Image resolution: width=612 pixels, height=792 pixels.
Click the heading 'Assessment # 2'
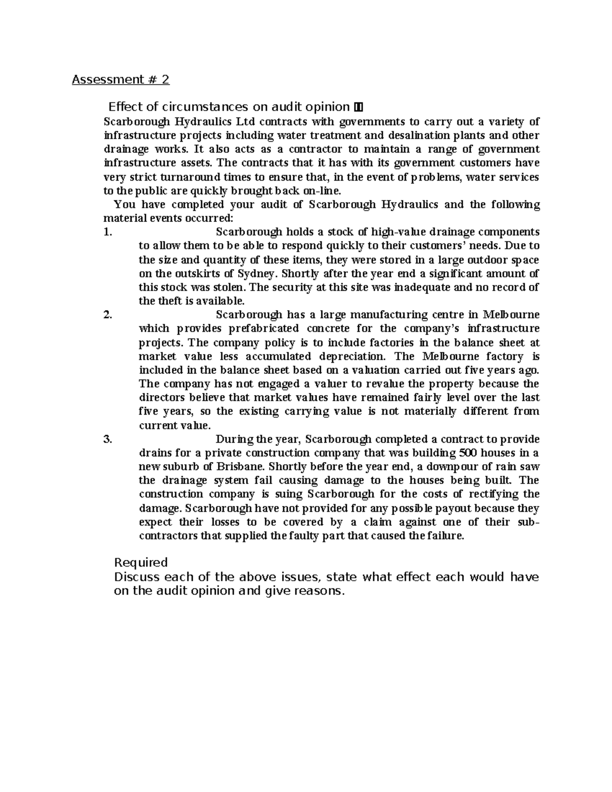(x=120, y=80)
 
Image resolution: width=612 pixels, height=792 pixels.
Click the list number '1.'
(x=107, y=232)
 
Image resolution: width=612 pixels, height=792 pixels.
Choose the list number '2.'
(x=107, y=315)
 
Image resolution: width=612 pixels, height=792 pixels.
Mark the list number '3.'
(x=107, y=439)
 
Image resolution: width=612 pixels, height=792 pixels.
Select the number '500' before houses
(x=468, y=453)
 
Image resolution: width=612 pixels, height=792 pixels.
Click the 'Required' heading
(x=141, y=563)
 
